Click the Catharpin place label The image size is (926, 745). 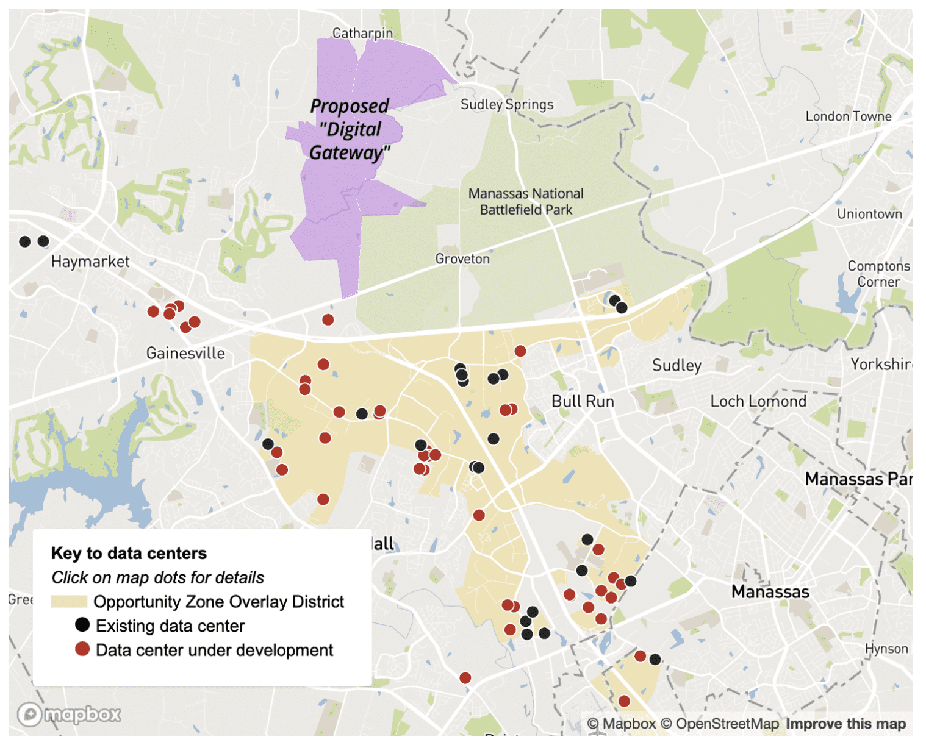pyautogui.click(x=362, y=33)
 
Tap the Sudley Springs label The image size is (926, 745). pyautogui.click(x=506, y=104)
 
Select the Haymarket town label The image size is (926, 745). pyautogui.click(x=90, y=262)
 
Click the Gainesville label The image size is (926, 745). pyautogui.click(x=185, y=353)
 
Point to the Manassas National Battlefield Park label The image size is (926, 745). pyautogui.click(x=526, y=202)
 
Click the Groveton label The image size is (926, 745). pyautogui.click(x=462, y=258)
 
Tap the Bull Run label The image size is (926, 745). pyautogui.click(x=583, y=401)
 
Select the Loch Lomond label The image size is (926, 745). pyautogui.click(x=758, y=401)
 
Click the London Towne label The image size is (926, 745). pyautogui.click(x=848, y=116)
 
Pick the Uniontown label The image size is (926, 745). pyautogui.click(x=869, y=213)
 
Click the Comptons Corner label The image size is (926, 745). pyautogui.click(x=878, y=274)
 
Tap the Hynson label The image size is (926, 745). pyautogui.click(x=886, y=649)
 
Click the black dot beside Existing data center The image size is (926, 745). pyautogui.click(x=82, y=625)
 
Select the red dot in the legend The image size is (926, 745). pyautogui.click(x=82, y=649)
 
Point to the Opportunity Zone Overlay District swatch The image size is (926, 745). pyautogui.click(x=69, y=602)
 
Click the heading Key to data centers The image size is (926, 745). pyautogui.click(x=129, y=553)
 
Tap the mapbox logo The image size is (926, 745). pyautogui.click(x=69, y=714)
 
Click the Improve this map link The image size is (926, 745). pyautogui.click(x=845, y=724)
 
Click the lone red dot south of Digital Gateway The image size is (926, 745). pyautogui.click(x=328, y=319)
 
